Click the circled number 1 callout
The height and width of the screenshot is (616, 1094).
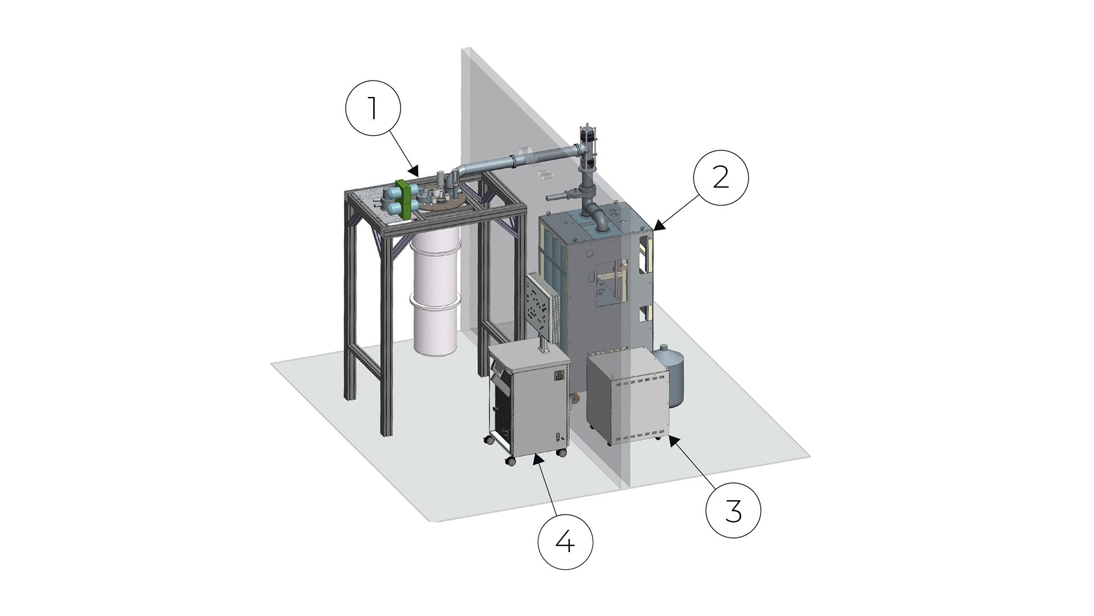pos(373,108)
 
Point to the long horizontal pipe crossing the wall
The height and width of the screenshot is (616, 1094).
pos(519,161)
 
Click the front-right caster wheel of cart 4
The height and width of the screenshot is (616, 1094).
pos(562,453)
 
